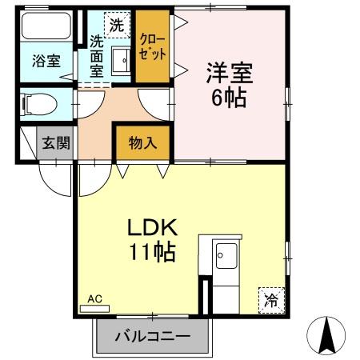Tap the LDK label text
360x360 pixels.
coord(155,227)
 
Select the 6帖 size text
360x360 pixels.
coord(230,99)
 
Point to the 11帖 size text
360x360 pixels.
coord(154,254)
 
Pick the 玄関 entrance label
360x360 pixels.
coord(55,144)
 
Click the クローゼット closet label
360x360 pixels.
coord(153,47)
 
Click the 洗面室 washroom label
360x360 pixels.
coord(96,57)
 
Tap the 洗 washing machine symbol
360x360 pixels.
coord(118,25)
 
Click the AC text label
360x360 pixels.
coord(95,298)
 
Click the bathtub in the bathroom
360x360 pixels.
coord(46,28)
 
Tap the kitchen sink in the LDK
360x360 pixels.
coord(227,257)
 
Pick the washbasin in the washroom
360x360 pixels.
coord(122,60)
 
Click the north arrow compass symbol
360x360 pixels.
coord(326,337)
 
